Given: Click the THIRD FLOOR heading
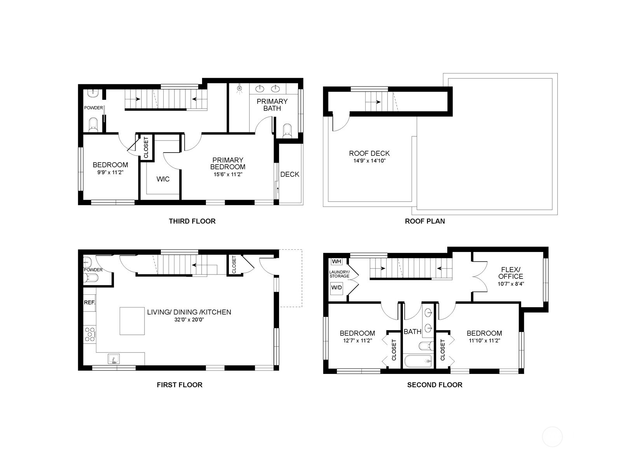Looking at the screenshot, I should point(192,221).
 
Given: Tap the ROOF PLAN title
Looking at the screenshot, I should point(425,221).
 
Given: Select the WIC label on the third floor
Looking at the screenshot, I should point(163,179).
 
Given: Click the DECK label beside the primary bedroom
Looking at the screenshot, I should point(289,174).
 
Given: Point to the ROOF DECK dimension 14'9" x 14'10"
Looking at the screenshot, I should point(369,160).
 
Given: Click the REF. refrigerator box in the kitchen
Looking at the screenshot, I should point(89,302).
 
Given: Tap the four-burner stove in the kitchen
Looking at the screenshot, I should point(90,334).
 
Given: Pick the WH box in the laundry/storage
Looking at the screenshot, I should point(336,261).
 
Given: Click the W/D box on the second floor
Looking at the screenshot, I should point(337,288).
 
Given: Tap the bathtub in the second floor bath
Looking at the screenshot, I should point(418,361).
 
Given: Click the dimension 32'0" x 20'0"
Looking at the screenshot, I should point(189,320).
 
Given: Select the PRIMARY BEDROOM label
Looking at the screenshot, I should point(228,163).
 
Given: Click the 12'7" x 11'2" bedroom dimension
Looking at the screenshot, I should point(357,341).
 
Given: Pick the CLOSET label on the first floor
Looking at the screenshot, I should point(234,264).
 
